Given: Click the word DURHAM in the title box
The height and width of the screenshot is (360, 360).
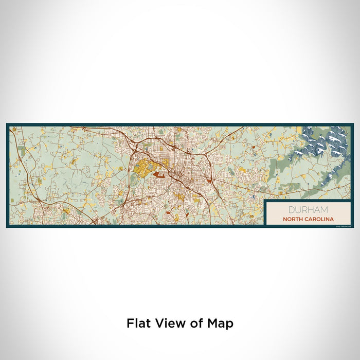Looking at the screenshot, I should tap(308, 210).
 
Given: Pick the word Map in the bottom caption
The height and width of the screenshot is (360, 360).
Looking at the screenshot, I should tap(220, 323).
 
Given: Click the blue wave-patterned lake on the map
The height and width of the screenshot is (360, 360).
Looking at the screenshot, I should tap(321, 147).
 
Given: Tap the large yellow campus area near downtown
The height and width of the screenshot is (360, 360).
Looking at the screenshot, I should tap(145, 168).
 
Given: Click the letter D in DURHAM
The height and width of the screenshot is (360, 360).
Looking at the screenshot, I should tap(292, 210).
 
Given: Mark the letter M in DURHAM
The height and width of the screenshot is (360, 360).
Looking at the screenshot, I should tap(325, 210).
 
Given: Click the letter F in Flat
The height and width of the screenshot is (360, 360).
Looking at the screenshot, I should tap(129, 323).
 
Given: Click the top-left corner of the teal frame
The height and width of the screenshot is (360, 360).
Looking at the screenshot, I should tap(7, 124).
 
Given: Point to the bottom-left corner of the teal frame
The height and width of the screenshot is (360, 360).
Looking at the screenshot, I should tap(7, 226).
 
